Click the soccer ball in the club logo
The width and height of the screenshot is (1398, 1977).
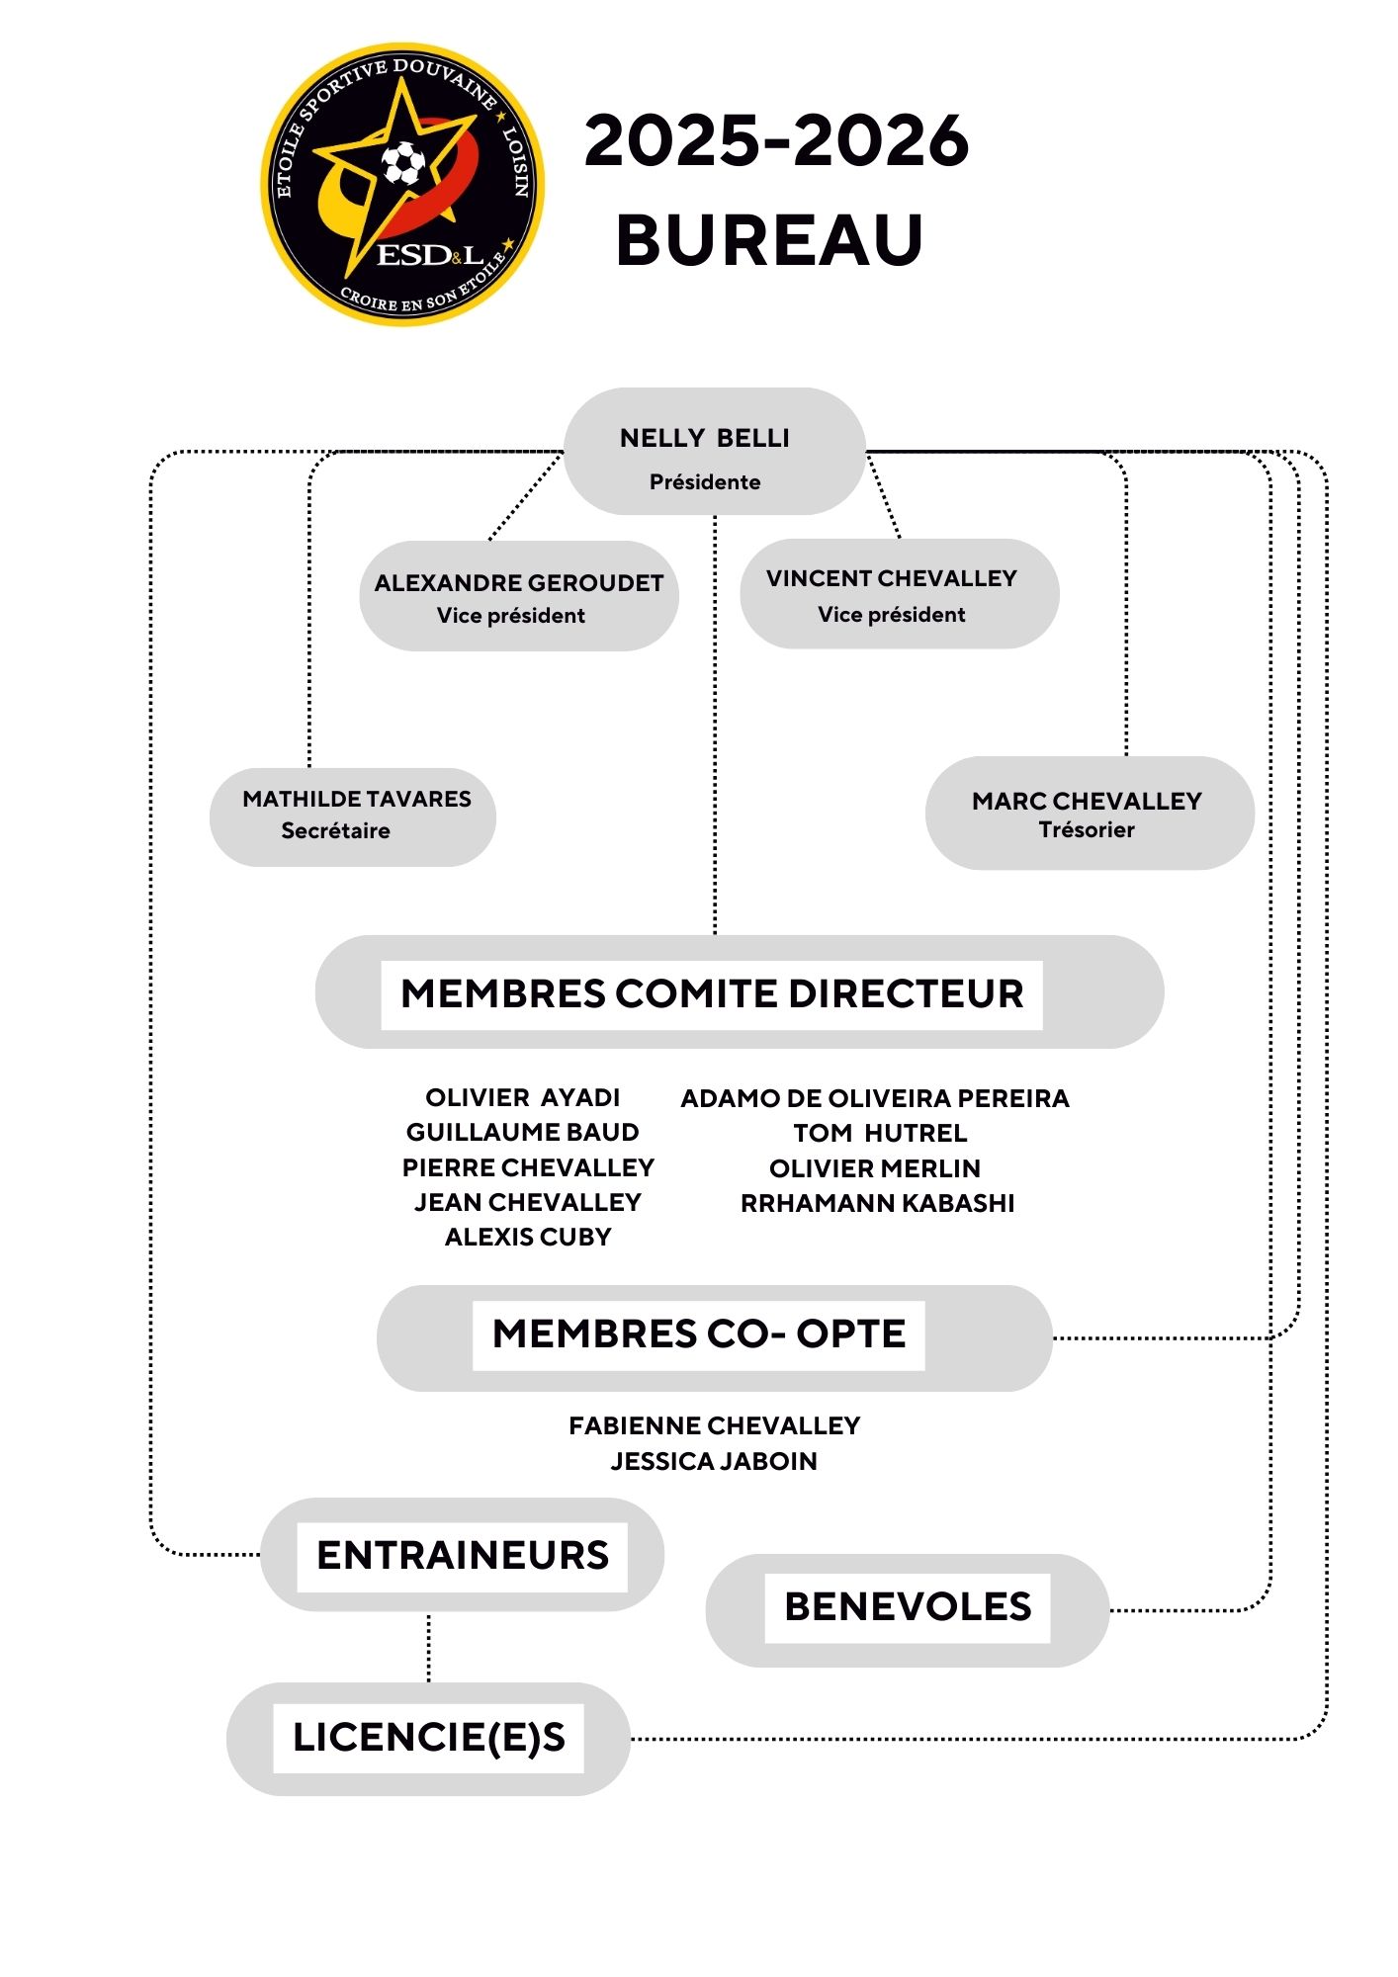tap(403, 163)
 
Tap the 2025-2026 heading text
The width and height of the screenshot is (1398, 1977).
tap(776, 140)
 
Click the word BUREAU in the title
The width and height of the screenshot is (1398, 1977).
tap(769, 240)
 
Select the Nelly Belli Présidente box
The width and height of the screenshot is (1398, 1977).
tap(714, 452)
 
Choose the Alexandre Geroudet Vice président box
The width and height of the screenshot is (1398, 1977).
tap(518, 596)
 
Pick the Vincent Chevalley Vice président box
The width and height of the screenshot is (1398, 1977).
tap(899, 594)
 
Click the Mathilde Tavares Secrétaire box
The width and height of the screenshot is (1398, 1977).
tap(352, 817)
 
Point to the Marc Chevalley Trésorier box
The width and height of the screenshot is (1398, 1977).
tap(1089, 814)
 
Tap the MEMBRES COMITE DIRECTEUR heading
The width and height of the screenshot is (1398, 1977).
tap(712, 993)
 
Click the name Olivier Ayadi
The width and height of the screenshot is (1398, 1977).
tap(522, 1097)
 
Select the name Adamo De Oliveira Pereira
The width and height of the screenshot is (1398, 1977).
tap(875, 1098)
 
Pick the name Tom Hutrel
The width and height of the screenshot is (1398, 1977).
tap(880, 1133)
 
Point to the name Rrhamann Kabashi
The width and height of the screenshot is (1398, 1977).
tap(877, 1203)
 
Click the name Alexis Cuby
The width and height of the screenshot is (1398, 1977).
tap(528, 1237)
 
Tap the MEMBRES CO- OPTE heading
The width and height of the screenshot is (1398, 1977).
tap(699, 1334)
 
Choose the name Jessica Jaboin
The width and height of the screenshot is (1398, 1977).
tap(714, 1461)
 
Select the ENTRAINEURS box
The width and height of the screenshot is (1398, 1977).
tap(462, 1555)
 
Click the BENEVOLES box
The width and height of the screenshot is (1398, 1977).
tap(907, 1607)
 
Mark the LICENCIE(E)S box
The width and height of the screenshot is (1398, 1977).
tap(428, 1738)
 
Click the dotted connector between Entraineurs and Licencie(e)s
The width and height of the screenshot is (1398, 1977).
tap(428, 1647)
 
